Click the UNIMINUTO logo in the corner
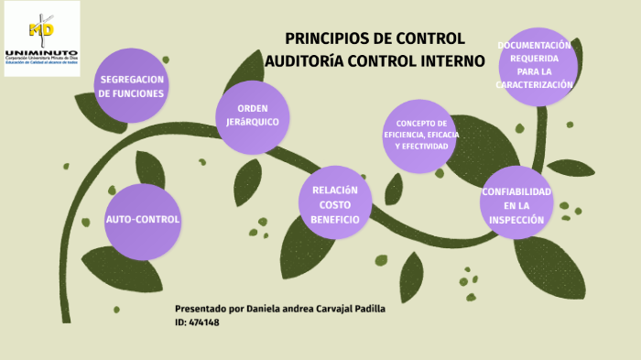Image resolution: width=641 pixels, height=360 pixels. tap(41, 38)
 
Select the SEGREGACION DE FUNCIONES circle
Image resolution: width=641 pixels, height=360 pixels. tap(131, 86)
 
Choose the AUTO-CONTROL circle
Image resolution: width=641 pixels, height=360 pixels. tap(142, 220)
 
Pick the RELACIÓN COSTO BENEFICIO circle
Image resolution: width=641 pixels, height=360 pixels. tap(329, 204)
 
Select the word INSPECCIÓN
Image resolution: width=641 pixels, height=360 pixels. tap(516, 220)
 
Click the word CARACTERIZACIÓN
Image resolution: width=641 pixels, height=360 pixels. tap(534, 84)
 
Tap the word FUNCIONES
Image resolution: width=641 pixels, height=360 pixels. tap(131, 93)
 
